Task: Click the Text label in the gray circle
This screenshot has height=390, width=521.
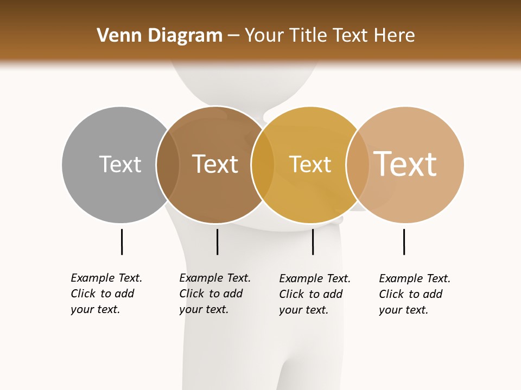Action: [120, 164]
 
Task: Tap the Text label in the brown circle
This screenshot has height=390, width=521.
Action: [215, 164]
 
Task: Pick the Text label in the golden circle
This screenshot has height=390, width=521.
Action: [310, 165]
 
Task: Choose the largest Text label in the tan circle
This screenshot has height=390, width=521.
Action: [405, 164]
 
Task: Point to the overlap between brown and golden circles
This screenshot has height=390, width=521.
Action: [263, 165]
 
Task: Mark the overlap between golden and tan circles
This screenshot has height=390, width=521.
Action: [358, 165]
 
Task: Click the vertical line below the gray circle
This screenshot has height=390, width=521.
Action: [122, 242]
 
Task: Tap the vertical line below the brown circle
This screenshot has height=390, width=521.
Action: [217, 242]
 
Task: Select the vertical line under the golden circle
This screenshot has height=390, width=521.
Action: [313, 242]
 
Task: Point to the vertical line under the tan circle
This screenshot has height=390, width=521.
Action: [404, 242]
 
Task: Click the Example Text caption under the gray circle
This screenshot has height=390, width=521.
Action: [106, 294]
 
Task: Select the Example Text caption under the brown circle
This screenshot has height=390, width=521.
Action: [215, 294]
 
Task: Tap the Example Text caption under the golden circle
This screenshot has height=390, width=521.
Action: [315, 294]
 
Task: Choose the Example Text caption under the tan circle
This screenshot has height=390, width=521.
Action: [415, 294]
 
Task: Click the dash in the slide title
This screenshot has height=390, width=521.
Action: [234, 36]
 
